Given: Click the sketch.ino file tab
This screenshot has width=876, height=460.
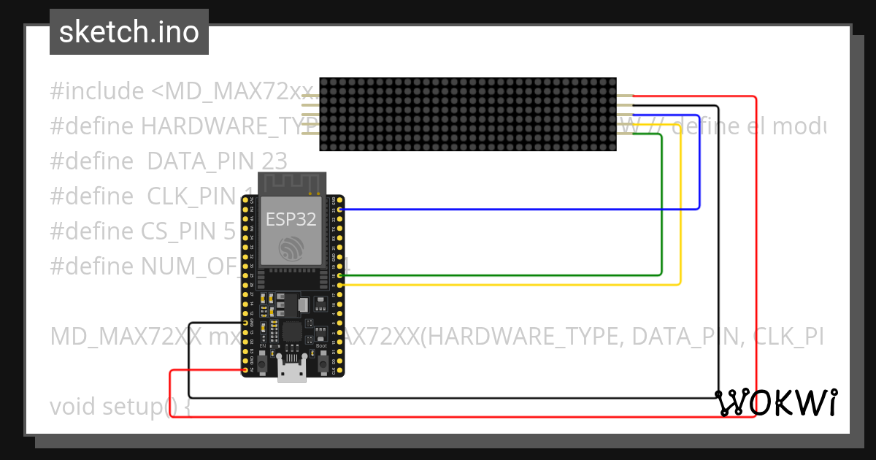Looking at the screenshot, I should pos(129,32).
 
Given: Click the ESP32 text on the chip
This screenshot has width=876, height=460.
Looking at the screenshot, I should pos(291,219).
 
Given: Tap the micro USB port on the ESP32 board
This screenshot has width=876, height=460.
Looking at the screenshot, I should pos(293,373).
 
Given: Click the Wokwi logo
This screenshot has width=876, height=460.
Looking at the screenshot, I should pos(776,402).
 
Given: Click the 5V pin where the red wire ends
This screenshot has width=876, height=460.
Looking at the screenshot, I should pos(245,370).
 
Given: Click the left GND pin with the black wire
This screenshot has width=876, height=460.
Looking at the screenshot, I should pos(245,323).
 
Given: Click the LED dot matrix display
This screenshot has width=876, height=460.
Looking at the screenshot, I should pos(467,115).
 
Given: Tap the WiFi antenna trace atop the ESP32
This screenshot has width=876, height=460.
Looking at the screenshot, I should pos(291,182).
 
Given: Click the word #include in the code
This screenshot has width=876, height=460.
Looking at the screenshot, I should pos(97,92).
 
